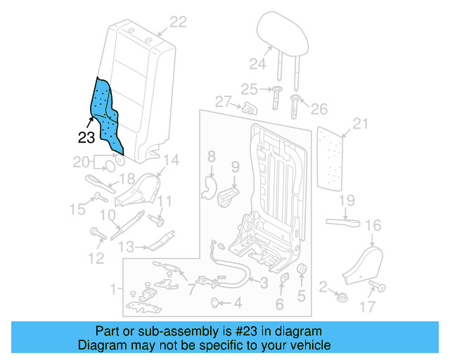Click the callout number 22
(177, 22)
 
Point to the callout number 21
(360, 124)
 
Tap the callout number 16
(373, 226)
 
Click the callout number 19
(347, 202)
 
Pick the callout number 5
(302, 296)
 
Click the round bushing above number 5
(303, 271)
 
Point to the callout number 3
(263, 283)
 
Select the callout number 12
(96, 258)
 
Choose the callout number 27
(223, 102)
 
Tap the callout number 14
(172, 160)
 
